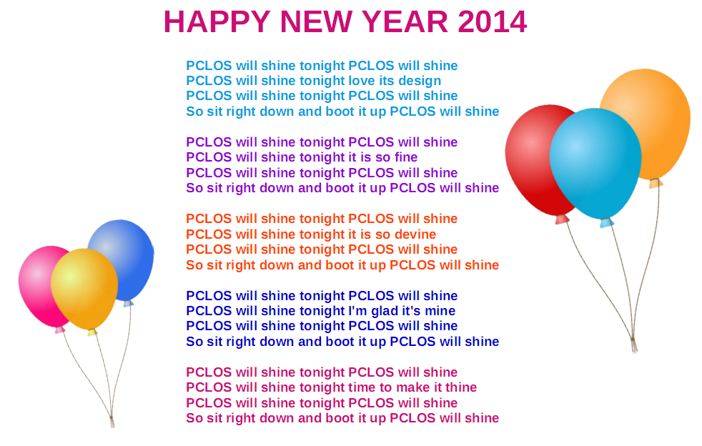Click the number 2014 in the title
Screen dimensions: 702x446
click(492, 21)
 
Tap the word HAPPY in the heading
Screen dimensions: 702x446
click(217, 21)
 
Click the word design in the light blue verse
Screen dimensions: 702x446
click(420, 81)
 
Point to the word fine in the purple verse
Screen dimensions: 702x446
click(405, 157)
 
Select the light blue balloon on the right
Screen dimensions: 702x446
click(595, 164)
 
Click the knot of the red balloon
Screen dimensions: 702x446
click(562, 219)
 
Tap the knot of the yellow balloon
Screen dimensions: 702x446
click(92, 332)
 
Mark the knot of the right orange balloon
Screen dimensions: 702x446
click(656, 183)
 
